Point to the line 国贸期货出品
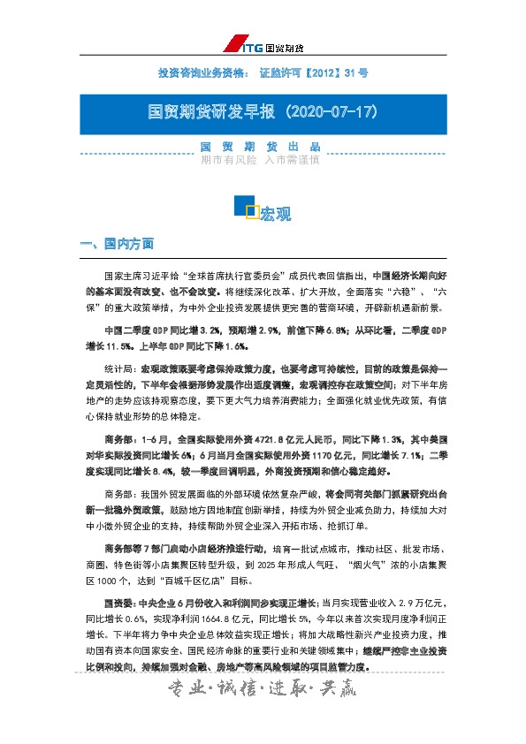pyautogui.click(x=260, y=147)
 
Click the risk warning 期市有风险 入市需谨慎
pyautogui.click(x=260, y=160)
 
